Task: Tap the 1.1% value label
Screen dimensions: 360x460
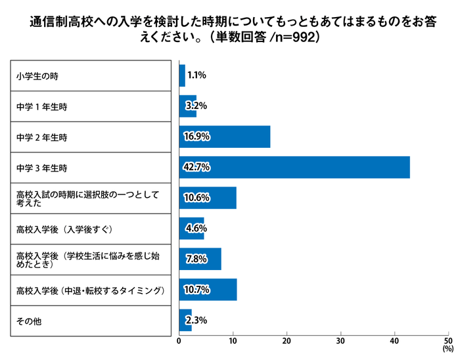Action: pos(196,76)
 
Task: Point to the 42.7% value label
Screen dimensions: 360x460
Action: pos(196,167)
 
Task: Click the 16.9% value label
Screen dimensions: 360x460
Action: pos(196,137)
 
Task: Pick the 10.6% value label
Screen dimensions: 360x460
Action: pos(196,198)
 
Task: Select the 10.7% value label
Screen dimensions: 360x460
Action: pos(196,289)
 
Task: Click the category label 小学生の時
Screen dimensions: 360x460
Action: pos(37,76)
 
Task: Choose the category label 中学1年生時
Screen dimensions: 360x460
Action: pos(41,106)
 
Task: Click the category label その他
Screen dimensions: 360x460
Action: pos(29,320)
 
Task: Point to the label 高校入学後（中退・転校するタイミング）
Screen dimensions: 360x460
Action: pos(89,290)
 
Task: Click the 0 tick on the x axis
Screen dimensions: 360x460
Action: pos(179,341)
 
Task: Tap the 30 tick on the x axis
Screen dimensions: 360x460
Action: pos(340,341)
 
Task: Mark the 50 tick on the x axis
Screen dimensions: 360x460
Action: pos(448,341)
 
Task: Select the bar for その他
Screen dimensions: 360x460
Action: pos(185,320)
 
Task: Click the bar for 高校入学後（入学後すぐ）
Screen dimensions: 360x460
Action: pos(191,229)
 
